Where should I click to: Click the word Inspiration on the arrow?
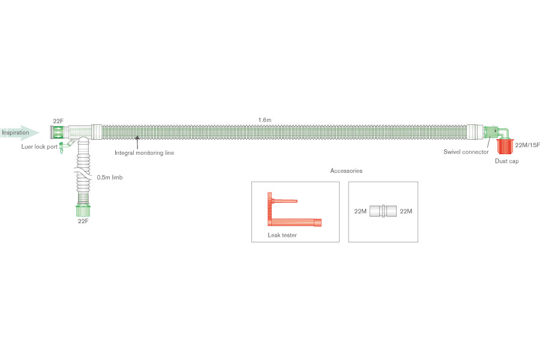click(x=15, y=132)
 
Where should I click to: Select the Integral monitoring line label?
click(x=144, y=153)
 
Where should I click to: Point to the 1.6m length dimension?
click(x=265, y=120)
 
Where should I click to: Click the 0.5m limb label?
click(x=110, y=178)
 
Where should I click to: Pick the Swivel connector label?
click(x=466, y=152)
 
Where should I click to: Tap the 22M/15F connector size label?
click(x=527, y=145)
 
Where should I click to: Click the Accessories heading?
click(x=346, y=171)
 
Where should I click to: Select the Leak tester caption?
click(x=283, y=235)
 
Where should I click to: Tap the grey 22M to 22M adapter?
click(x=383, y=211)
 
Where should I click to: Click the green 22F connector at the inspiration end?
click(x=58, y=132)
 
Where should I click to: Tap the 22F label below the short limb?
click(x=83, y=221)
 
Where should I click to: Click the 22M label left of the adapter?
click(x=361, y=211)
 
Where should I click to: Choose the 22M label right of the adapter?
click(x=406, y=211)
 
